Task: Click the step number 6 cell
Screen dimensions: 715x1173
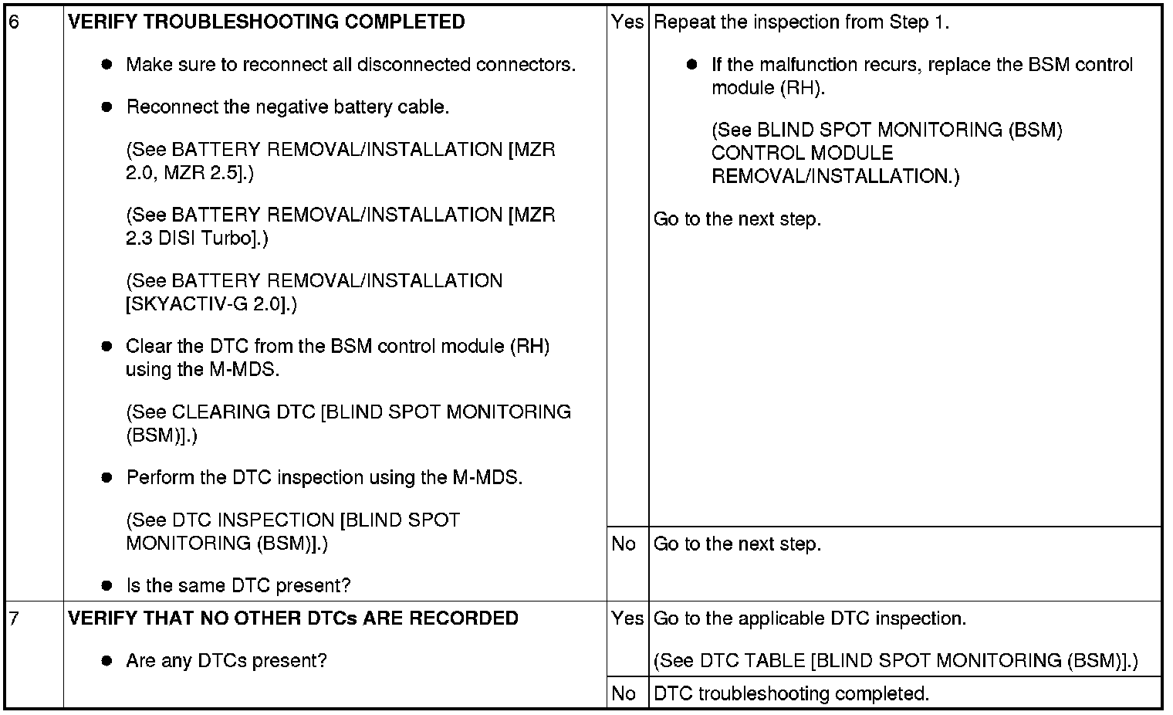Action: pyautogui.click(x=14, y=22)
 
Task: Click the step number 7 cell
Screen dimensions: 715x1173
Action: pyautogui.click(x=14, y=618)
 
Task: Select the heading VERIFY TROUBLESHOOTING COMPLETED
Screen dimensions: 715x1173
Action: pyautogui.click(x=266, y=22)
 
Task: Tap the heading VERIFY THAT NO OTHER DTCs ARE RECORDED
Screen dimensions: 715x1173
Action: pyautogui.click(x=293, y=618)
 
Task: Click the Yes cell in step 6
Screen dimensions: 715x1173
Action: pyautogui.click(x=627, y=22)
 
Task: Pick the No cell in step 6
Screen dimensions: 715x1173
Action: pyautogui.click(x=624, y=544)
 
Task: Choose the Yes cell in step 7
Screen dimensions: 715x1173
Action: pyautogui.click(x=627, y=618)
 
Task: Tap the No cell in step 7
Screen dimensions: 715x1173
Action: pyautogui.click(x=624, y=693)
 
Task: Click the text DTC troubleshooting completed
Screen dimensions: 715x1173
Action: pyautogui.click(x=791, y=693)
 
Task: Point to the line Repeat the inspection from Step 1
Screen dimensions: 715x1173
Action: pyautogui.click(x=801, y=22)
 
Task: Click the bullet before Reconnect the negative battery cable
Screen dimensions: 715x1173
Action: pyautogui.click(x=107, y=107)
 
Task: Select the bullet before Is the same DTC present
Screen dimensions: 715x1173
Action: pyautogui.click(x=107, y=586)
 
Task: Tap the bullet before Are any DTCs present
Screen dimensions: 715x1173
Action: pyautogui.click(x=107, y=661)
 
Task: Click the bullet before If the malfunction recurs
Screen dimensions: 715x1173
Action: pyautogui.click(x=692, y=65)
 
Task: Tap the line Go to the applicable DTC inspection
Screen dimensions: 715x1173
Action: pyautogui.click(x=810, y=618)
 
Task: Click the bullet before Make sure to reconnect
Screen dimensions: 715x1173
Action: pyautogui.click(x=107, y=65)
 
